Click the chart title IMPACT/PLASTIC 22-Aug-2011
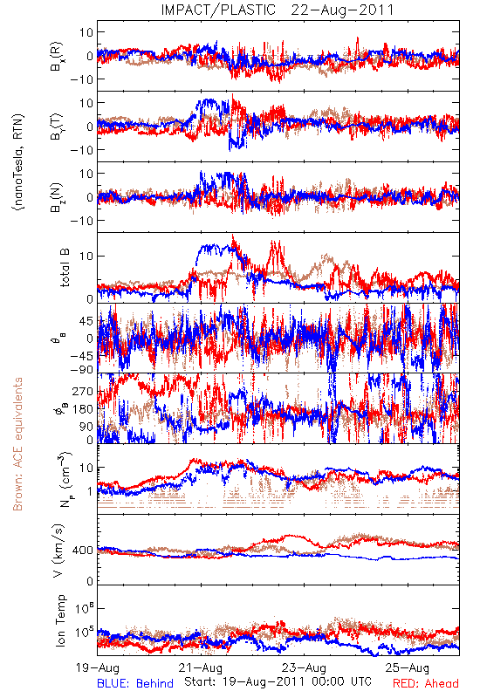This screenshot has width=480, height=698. (x=278, y=10)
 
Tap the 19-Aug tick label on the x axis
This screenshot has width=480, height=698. (x=98, y=667)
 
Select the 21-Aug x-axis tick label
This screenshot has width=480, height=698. (x=201, y=667)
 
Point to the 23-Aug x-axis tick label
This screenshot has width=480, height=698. (x=305, y=667)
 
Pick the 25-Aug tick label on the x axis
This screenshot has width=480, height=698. (x=408, y=667)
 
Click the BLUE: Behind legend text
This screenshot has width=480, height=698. (x=135, y=683)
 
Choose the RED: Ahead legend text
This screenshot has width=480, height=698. (x=426, y=683)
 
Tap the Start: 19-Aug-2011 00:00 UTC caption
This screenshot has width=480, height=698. (x=278, y=681)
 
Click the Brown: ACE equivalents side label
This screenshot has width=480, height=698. (x=17, y=444)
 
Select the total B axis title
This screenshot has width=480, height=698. (x=64, y=268)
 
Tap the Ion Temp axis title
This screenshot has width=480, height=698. (x=60, y=620)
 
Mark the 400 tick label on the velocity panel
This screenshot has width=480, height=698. (x=83, y=551)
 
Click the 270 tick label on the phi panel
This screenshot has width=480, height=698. (x=83, y=391)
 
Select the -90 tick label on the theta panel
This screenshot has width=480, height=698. (x=82, y=369)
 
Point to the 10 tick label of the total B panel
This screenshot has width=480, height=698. (x=86, y=257)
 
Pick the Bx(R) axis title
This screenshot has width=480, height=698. (x=57, y=57)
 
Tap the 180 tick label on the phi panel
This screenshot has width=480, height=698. (x=83, y=409)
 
